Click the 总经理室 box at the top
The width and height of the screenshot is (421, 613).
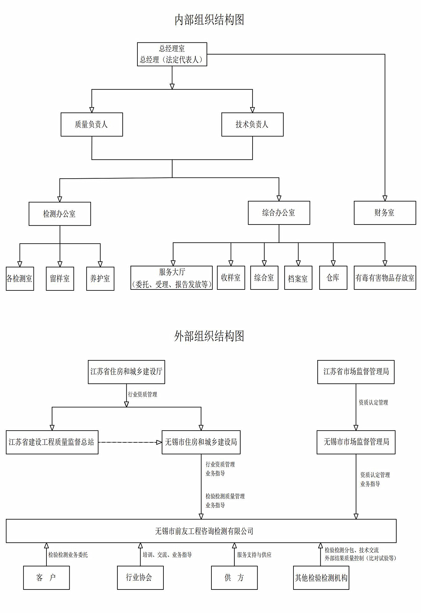[172, 54]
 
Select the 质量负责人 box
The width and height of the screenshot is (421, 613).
[92, 124]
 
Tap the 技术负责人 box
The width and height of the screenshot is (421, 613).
[252, 124]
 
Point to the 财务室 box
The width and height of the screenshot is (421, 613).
[385, 213]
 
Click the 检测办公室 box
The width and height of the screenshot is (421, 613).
[60, 214]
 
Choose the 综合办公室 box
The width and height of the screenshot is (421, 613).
[279, 213]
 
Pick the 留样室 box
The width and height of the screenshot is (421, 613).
[60, 279]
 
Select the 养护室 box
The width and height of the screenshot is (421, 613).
[100, 279]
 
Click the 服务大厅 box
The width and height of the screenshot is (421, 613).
[171, 278]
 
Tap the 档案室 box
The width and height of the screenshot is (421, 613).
[298, 278]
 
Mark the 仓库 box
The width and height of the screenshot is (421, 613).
[333, 278]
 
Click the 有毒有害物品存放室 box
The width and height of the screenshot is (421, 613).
[385, 278]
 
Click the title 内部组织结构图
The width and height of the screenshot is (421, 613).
[209, 20]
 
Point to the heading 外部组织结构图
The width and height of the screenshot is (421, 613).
[209, 336]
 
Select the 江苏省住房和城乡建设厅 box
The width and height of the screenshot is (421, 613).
[126, 372]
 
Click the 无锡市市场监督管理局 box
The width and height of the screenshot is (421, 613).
[356, 442]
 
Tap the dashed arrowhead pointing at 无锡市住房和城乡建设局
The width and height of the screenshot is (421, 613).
[159, 442]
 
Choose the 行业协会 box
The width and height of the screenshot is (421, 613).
[140, 578]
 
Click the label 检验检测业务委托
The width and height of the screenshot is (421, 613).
[68, 555]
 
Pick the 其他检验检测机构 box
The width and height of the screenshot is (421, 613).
[321, 578]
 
